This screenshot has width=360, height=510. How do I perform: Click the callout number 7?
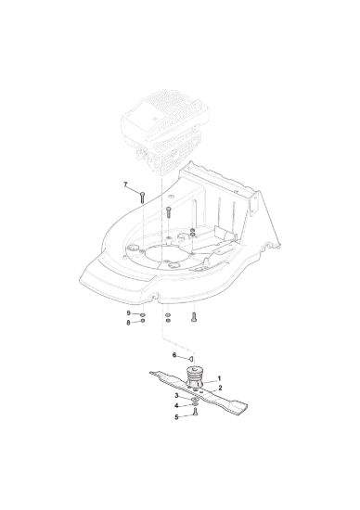pos(125,185)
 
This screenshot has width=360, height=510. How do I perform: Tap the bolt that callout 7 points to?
pos(142,198)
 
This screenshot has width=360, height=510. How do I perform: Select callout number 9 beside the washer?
pos(129,312)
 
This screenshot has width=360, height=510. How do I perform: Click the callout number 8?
pos(128,323)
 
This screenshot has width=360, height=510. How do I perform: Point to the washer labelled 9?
pos(143,315)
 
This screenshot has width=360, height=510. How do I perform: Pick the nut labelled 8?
pos(143,321)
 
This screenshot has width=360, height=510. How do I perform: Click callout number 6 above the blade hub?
pos(174,355)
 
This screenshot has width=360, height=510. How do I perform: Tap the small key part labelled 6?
pos(191,359)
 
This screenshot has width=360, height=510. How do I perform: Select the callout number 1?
pos(219,378)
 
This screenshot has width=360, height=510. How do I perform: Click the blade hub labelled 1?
pos(195,377)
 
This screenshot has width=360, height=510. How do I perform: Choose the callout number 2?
pos(221,388)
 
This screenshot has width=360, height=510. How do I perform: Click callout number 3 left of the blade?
pos(176,396)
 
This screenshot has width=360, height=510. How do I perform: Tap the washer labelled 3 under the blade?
pos(195,399)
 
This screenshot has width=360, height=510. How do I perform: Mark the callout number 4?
pos(176,405)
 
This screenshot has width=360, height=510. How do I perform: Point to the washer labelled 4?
pos(195,404)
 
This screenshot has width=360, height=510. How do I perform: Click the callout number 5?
pos(176,417)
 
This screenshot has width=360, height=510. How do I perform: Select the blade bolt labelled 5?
pos(195,412)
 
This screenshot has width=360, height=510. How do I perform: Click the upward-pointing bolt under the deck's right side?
pos(194,317)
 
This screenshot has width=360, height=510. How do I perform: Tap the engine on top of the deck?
pos(164,134)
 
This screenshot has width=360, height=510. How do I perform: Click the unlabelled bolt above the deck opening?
pos(168,212)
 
